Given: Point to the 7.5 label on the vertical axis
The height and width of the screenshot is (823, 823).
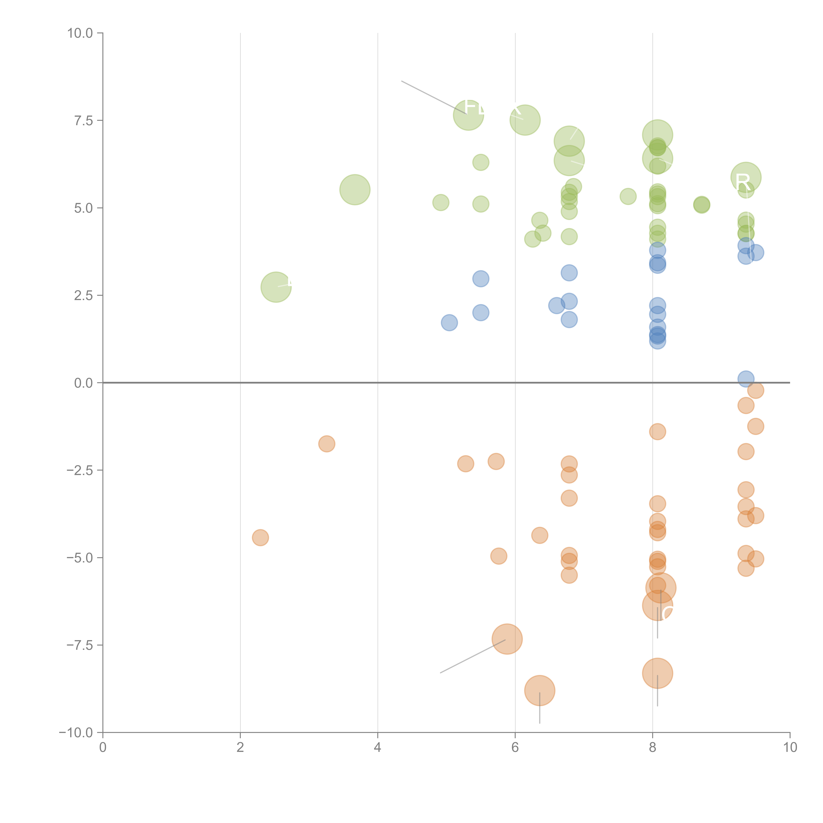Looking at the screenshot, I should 83,120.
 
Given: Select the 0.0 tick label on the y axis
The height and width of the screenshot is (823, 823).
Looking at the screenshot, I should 83,383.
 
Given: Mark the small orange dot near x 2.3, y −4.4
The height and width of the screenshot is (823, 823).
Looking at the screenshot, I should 260,538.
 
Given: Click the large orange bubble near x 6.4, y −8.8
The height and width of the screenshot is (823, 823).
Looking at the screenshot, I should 540,690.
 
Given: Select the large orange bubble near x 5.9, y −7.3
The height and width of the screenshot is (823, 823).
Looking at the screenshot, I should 507,639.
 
